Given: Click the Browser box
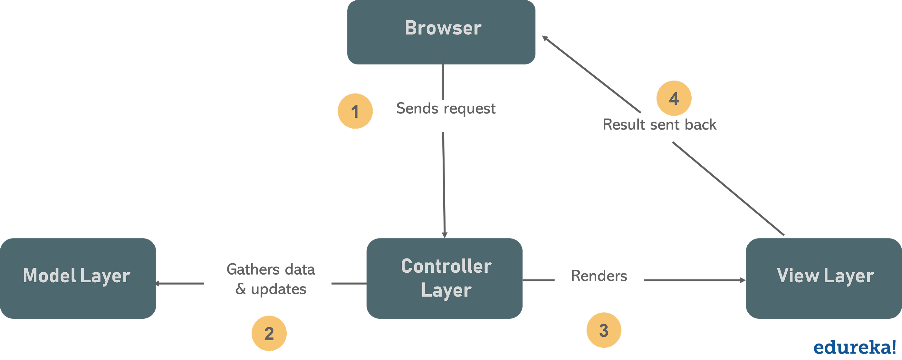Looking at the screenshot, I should (x=441, y=32).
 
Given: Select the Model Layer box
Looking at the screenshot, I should (x=78, y=278).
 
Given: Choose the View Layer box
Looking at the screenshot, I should (x=824, y=278).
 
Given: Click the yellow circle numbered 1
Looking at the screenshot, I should (x=355, y=111).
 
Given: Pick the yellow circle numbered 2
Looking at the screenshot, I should (x=269, y=333).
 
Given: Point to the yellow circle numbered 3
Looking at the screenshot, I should (x=604, y=330).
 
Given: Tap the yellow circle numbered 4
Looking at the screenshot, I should (x=674, y=98).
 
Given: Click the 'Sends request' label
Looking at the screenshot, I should (x=446, y=109).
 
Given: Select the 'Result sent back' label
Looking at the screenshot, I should (x=660, y=125).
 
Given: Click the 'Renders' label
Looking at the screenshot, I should (x=599, y=276).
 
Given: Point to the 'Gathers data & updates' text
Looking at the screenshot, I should (x=271, y=279).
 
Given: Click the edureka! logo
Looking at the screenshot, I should (x=854, y=347).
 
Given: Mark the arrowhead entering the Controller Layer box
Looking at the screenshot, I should (x=444, y=234).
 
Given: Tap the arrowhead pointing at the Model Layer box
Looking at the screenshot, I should (x=158, y=283).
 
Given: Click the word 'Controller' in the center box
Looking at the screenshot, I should (x=446, y=266).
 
